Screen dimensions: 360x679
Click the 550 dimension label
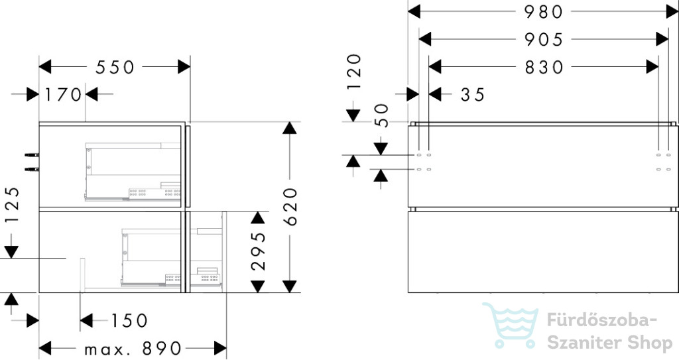115,67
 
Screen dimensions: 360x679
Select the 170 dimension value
63,95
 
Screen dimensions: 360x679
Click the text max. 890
133,348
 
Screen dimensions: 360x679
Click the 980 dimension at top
543,12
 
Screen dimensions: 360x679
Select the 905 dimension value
543,40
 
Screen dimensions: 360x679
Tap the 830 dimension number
543,67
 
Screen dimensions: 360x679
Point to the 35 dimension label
472,95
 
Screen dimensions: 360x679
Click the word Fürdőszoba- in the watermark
601,321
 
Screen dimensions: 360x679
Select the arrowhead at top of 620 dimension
288,129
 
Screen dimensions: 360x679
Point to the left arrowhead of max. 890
46,348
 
